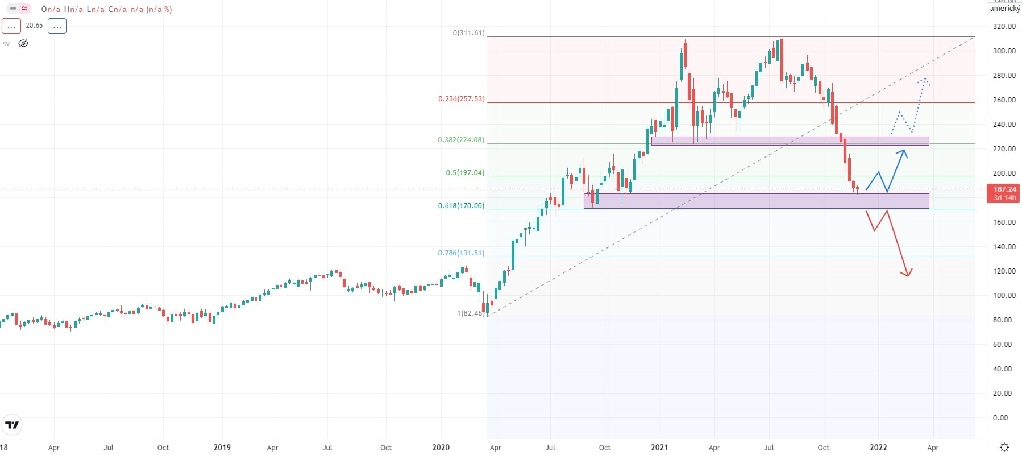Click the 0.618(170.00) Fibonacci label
(461, 206)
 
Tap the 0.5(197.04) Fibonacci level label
(465, 173)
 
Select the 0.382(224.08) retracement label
(461, 140)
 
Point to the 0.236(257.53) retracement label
(462, 99)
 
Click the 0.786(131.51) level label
(461, 253)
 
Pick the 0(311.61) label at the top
(469, 33)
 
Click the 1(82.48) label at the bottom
(471, 313)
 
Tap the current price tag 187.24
(1004, 189)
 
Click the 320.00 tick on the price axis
(1004, 27)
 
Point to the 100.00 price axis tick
(1004, 296)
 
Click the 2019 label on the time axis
(222, 448)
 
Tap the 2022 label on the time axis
(878, 448)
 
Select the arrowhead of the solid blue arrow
(904, 151)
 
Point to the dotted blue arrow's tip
(925, 79)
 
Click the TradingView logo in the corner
(12, 425)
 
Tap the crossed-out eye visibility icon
(23, 43)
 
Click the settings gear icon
(1004, 448)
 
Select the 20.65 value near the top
(34, 26)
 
